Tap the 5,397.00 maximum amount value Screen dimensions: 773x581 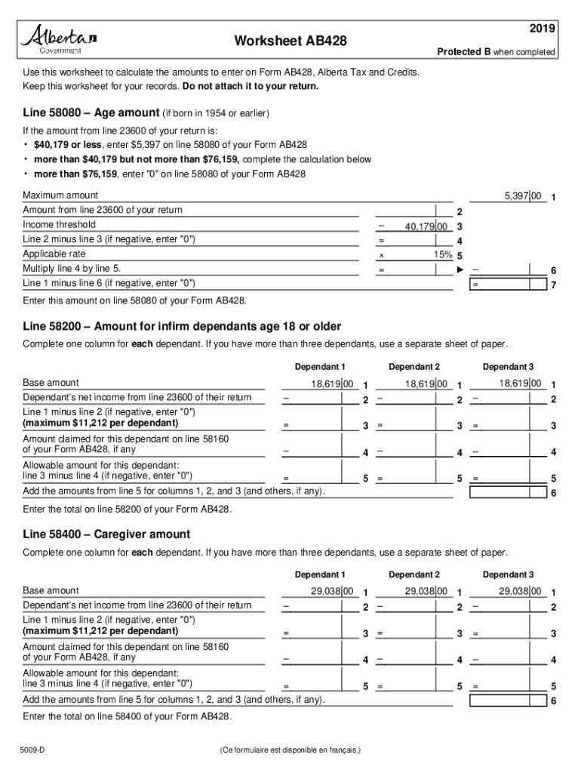(522, 196)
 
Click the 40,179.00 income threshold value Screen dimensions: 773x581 (427, 226)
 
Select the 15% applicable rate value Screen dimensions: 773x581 (443, 254)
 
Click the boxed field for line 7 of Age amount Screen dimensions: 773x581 (508, 284)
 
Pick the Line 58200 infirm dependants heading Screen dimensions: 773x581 (181, 326)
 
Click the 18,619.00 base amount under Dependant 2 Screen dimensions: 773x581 (427, 384)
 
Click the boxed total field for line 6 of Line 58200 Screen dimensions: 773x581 (508, 493)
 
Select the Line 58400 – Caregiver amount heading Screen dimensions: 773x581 (106, 534)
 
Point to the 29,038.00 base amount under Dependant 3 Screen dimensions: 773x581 (521, 591)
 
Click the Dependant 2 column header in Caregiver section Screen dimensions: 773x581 (414, 574)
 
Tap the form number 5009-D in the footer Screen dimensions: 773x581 (34, 750)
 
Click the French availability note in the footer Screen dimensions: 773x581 (290, 750)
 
